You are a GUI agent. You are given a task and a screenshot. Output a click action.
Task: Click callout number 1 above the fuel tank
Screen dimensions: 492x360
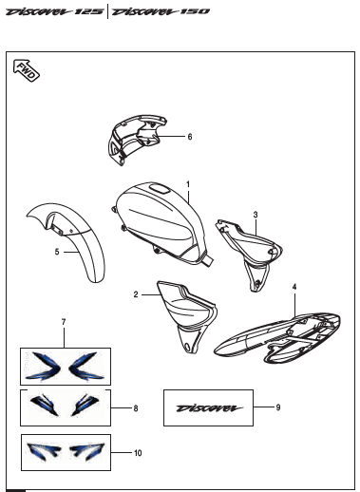[x=188, y=183]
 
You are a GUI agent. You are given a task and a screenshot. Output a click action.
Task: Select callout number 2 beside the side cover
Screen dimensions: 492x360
[x=135, y=294]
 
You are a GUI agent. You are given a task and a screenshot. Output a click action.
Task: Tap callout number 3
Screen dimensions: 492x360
[x=256, y=215]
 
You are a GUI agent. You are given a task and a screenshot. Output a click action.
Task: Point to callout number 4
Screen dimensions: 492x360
[x=294, y=286]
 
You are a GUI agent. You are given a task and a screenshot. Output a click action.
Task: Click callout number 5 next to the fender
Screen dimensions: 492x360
[x=56, y=253]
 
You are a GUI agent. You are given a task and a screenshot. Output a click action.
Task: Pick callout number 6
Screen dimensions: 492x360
[x=189, y=137]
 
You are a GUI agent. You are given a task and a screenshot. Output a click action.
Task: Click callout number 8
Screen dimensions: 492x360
[x=135, y=408]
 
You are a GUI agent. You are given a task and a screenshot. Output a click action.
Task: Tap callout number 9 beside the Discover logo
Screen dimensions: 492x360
[x=277, y=407]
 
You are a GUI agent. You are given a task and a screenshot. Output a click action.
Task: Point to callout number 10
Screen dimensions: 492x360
[x=138, y=453]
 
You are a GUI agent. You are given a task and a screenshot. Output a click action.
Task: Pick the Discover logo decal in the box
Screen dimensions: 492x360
[x=208, y=408]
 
